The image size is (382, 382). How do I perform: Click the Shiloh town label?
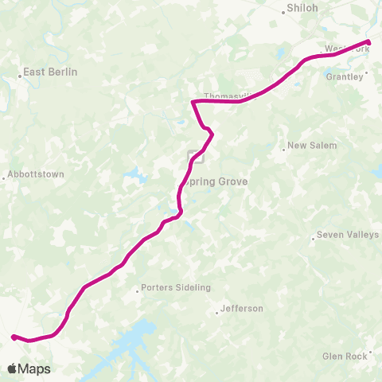302,9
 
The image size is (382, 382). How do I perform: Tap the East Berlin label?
50,72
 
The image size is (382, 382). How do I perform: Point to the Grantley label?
345,77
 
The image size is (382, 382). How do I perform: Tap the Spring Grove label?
216,181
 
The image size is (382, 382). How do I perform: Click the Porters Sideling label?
175,287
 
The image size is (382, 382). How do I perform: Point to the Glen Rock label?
345,357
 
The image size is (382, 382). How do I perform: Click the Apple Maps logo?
29,368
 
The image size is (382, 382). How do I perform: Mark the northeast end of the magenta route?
368,41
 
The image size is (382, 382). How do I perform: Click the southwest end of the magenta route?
14,337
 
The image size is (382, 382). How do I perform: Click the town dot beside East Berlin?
20,76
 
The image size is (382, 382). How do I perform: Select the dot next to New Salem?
284,147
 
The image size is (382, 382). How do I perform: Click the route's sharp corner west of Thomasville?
193,101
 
